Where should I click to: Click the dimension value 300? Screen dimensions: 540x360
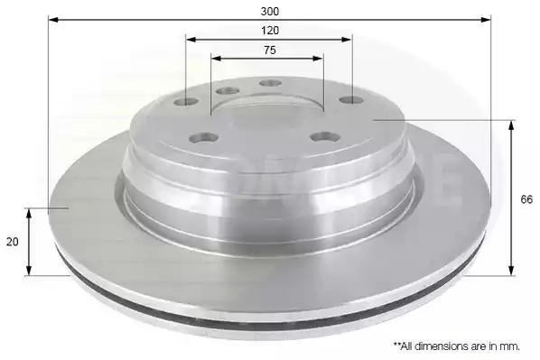[270, 12]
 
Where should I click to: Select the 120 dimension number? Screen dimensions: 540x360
[270, 31]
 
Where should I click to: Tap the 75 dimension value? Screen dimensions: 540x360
[270, 51]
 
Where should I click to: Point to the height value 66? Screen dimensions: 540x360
[526, 199]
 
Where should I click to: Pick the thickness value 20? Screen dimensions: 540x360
[12, 242]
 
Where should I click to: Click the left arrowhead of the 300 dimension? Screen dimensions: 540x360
[53, 19]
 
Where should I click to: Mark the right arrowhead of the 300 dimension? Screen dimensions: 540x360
[486, 19]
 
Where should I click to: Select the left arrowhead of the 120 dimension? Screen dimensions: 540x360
[191, 39]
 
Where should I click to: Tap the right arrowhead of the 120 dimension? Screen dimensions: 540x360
[347, 39]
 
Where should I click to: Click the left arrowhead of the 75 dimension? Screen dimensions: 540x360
[216, 58]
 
